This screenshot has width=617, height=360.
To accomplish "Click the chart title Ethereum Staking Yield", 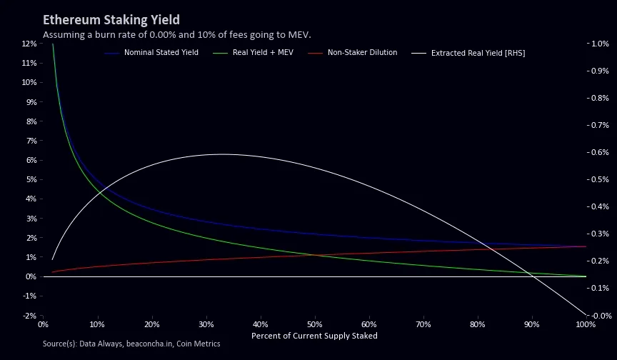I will point(111,20).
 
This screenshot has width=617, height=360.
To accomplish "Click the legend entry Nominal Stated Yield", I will point(161,53).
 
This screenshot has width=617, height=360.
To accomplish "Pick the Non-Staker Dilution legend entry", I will point(362,53).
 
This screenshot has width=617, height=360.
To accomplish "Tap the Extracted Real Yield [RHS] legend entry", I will point(478,53).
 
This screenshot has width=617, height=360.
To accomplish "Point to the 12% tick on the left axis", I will point(29,44).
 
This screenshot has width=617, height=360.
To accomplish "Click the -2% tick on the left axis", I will point(29,316).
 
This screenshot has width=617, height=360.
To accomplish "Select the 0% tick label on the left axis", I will point(31,276).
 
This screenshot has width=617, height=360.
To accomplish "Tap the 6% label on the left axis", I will point(31,160).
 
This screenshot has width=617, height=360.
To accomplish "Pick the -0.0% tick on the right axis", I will point(599,316).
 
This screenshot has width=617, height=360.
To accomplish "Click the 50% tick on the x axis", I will point(314,325).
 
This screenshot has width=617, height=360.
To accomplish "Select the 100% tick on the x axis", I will point(585,325).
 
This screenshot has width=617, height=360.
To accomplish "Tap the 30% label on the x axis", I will point(206,325).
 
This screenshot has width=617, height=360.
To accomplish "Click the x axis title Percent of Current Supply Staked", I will point(314,336).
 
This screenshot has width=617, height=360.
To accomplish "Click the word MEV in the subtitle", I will point(299,35).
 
